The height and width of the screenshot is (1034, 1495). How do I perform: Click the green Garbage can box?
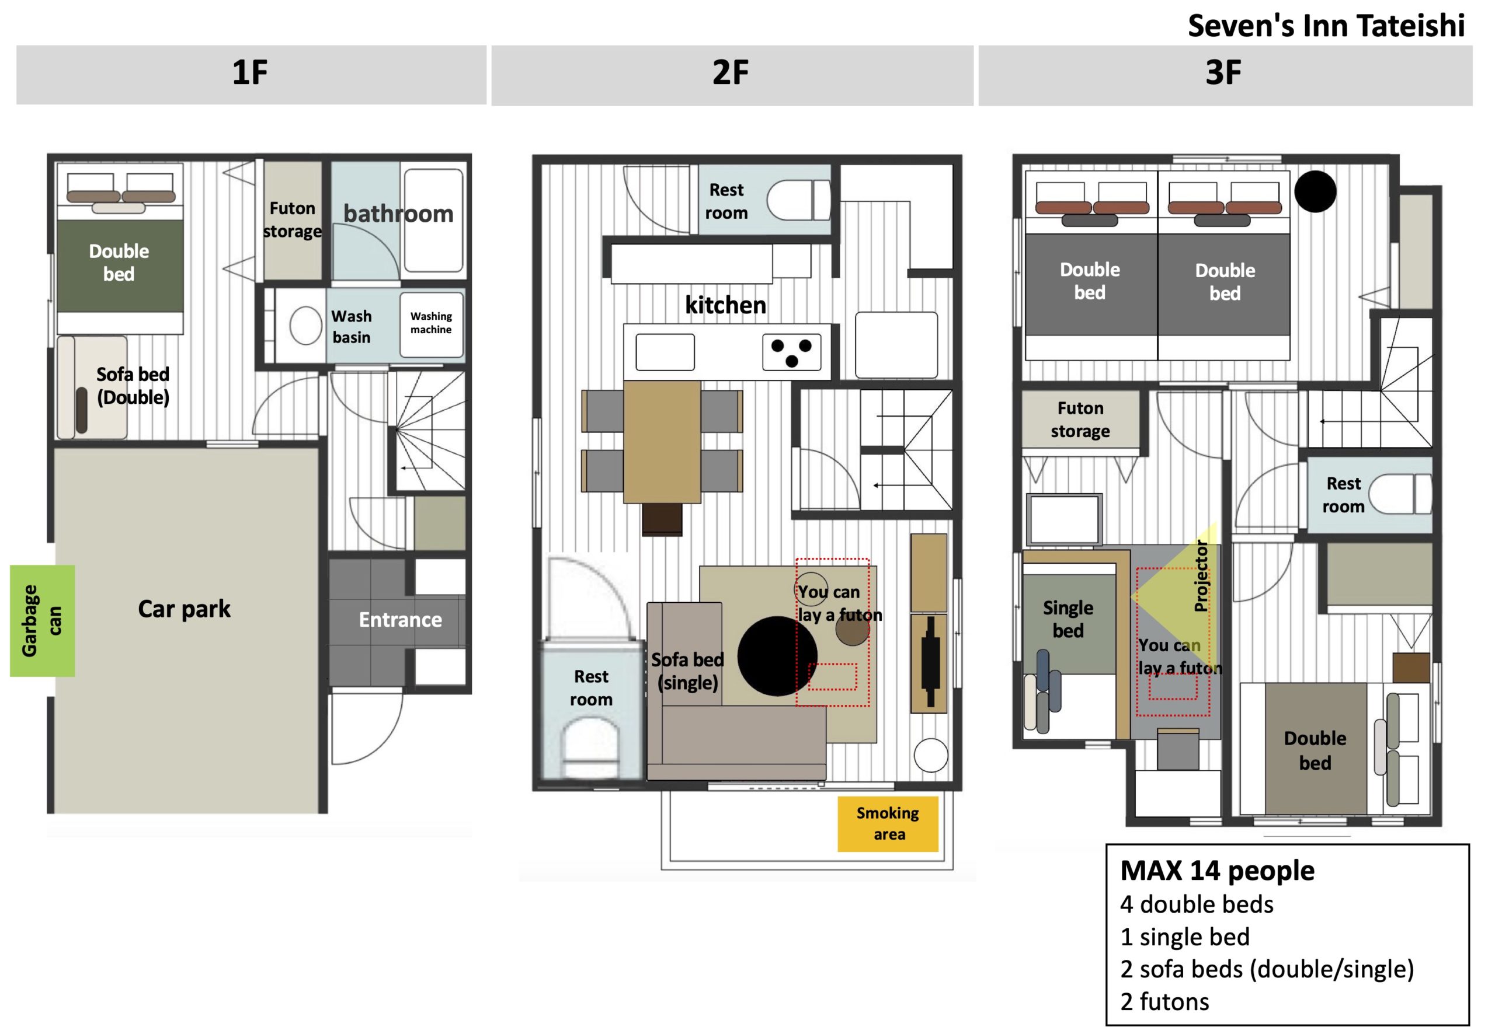42,620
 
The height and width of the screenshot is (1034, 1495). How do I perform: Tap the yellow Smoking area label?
888,823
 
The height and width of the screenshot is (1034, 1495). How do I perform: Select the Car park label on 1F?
184,609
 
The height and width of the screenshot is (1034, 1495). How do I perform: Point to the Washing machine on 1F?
431,324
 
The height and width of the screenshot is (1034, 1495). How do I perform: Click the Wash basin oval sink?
305,324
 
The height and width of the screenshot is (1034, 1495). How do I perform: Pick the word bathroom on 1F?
398,213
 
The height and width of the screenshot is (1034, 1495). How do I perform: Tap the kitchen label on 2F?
725,305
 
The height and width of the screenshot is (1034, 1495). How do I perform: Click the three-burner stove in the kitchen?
791,352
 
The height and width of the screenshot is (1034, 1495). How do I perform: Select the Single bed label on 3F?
1068,619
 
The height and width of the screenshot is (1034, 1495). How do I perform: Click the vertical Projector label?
1201,576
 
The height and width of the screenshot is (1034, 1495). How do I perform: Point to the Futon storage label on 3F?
1080,419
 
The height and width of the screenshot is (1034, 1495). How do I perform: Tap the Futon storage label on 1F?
293,219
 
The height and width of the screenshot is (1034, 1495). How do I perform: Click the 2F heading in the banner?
730,72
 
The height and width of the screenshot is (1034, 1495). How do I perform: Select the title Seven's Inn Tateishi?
1326,26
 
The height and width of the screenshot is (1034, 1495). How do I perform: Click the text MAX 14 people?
1217,870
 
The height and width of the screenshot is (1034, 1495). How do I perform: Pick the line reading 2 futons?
1164,1001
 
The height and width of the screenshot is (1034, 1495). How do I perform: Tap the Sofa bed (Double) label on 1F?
133,386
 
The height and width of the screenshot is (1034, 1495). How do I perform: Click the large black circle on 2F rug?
777,656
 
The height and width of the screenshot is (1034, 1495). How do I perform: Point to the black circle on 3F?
1315,191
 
